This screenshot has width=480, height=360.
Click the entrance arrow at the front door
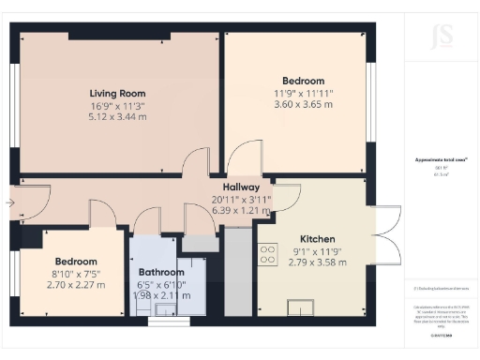9,201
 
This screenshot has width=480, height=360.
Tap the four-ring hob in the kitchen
268,254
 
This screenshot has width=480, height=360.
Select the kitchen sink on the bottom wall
303,307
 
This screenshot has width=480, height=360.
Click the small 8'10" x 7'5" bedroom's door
104,213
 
